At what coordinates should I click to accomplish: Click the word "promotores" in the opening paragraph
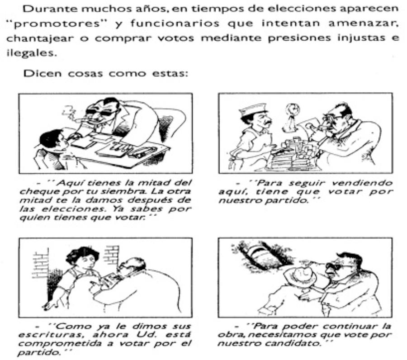(x=57, y=24)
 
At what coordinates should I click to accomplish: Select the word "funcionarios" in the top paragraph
(x=175, y=24)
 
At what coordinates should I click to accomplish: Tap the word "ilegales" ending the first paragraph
(x=31, y=53)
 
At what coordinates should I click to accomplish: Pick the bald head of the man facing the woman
(x=133, y=264)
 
